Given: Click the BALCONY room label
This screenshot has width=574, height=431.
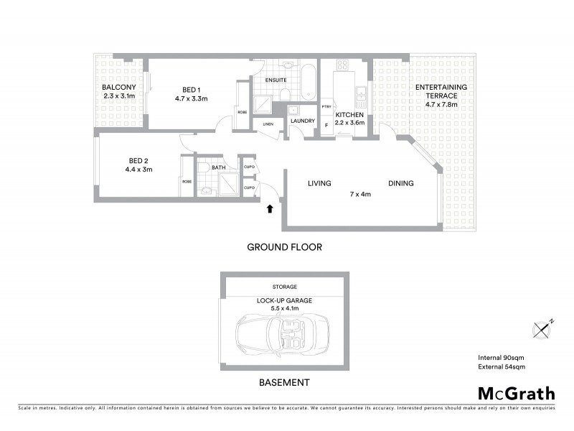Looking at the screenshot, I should pos(119,88).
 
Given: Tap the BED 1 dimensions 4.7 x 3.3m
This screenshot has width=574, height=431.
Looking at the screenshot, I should pos(191,98).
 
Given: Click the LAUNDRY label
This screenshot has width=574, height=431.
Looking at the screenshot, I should pos(302,121).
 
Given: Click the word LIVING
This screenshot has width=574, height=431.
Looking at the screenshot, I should pos(319,183).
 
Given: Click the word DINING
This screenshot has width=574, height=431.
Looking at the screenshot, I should pos(401,183).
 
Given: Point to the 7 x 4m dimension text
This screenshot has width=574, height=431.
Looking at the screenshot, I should pos(359,194).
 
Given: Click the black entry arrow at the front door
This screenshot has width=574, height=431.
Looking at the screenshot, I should pos(270,210).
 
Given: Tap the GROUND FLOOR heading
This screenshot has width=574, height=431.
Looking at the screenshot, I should pos(284,246).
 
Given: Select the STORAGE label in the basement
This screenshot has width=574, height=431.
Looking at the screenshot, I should pos(284,287).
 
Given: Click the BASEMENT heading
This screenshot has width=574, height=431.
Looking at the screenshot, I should pos(284,382).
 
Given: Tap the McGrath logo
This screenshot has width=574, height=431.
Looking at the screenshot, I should pos(516,393).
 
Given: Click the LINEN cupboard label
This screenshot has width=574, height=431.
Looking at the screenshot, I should pos(268,124).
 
